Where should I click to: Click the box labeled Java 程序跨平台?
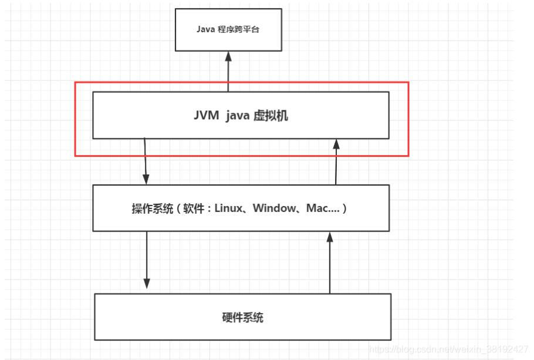[x=228, y=29]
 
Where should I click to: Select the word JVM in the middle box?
[x=205, y=116]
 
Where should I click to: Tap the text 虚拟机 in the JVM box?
[x=271, y=116]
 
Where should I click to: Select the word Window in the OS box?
[x=274, y=208]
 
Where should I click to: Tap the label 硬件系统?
[x=242, y=318]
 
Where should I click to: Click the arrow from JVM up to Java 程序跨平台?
[x=228, y=73]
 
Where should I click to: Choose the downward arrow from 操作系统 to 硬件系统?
[x=147, y=258]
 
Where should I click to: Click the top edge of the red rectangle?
[x=241, y=83]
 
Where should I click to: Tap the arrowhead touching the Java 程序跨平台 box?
[x=228, y=56]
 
